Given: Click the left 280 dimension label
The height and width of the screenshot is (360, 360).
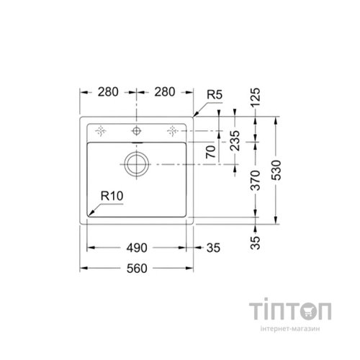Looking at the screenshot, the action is click(x=108, y=92).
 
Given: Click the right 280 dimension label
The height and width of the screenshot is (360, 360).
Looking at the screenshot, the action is click(x=165, y=92).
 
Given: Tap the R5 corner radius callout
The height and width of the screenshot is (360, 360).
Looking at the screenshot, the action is click(x=215, y=94).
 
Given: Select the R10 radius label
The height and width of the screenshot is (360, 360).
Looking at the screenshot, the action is click(x=112, y=196).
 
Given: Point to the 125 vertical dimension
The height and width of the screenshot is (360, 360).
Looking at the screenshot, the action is click(x=255, y=97).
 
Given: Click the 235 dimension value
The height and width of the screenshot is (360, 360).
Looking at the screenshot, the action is click(x=235, y=140).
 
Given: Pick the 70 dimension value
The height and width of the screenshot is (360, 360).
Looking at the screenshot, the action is click(x=211, y=152).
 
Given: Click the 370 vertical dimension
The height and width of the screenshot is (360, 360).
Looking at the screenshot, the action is click(x=255, y=180).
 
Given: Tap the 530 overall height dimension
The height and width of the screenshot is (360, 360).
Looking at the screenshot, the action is click(x=276, y=170).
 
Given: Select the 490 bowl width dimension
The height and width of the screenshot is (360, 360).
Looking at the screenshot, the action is click(x=137, y=248).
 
